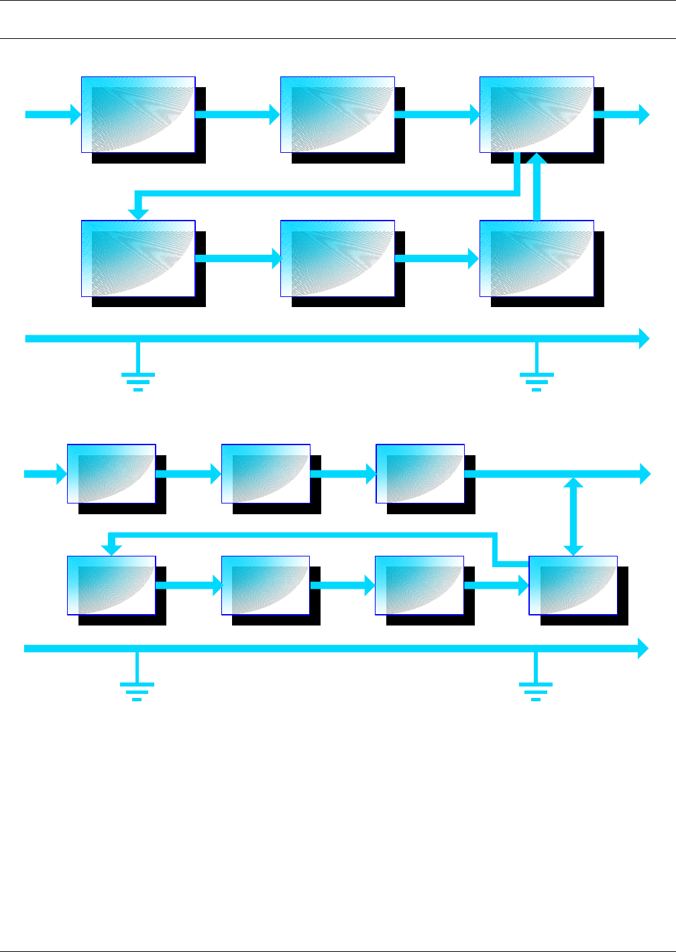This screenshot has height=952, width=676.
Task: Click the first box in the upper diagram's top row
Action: tap(138, 115)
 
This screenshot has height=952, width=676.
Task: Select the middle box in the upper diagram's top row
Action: tap(337, 115)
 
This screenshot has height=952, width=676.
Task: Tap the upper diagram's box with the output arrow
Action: tap(537, 115)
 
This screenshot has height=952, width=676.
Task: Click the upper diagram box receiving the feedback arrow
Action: tap(138, 258)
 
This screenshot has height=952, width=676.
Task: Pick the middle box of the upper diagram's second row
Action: tap(337, 258)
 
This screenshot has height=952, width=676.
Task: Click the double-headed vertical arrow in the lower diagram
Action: tap(573, 516)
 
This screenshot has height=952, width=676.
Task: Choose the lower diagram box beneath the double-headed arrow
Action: tap(573, 585)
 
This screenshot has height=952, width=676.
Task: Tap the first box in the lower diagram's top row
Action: tap(111, 473)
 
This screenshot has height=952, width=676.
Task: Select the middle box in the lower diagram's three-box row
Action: tap(266, 473)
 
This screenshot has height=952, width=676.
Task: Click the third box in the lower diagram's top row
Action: tap(420, 473)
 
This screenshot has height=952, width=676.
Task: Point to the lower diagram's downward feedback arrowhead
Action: tap(111, 549)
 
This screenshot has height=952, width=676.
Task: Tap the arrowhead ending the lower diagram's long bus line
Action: tap(642, 648)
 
